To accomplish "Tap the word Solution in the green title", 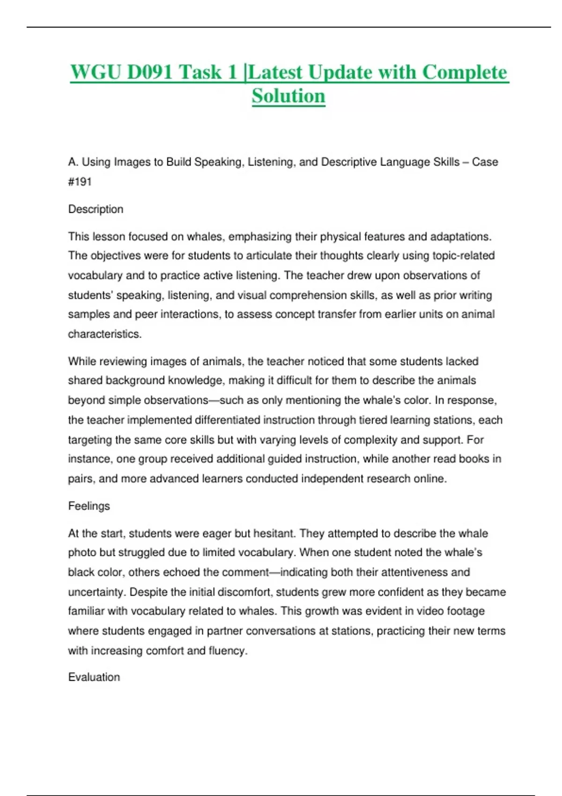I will pyautogui.click(x=288, y=96).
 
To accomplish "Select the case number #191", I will pyautogui.click(x=80, y=182).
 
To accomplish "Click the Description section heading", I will pyautogui.click(x=96, y=209).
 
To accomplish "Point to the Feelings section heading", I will pyautogui.click(x=89, y=506).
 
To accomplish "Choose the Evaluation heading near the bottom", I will pyautogui.click(x=94, y=677).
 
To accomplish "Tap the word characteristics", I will pyautogui.click(x=104, y=334).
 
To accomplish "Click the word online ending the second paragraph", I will pyautogui.click(x=430, y=479).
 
